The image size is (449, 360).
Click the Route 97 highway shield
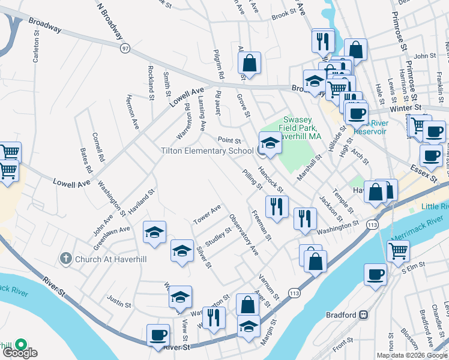pyautogui.click(x=124, y=48)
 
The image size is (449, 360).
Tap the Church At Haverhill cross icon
pyautogui.click(x=68, y=259)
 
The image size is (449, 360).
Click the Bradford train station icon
pyautogui.click(x=363, y=315)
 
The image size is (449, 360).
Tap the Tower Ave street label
pyautogui.click(x=207, y=215)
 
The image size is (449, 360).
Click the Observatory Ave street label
pyautogui.click(x=243, y=235)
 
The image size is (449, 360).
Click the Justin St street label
pyautogui.click(x=119, y=298)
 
